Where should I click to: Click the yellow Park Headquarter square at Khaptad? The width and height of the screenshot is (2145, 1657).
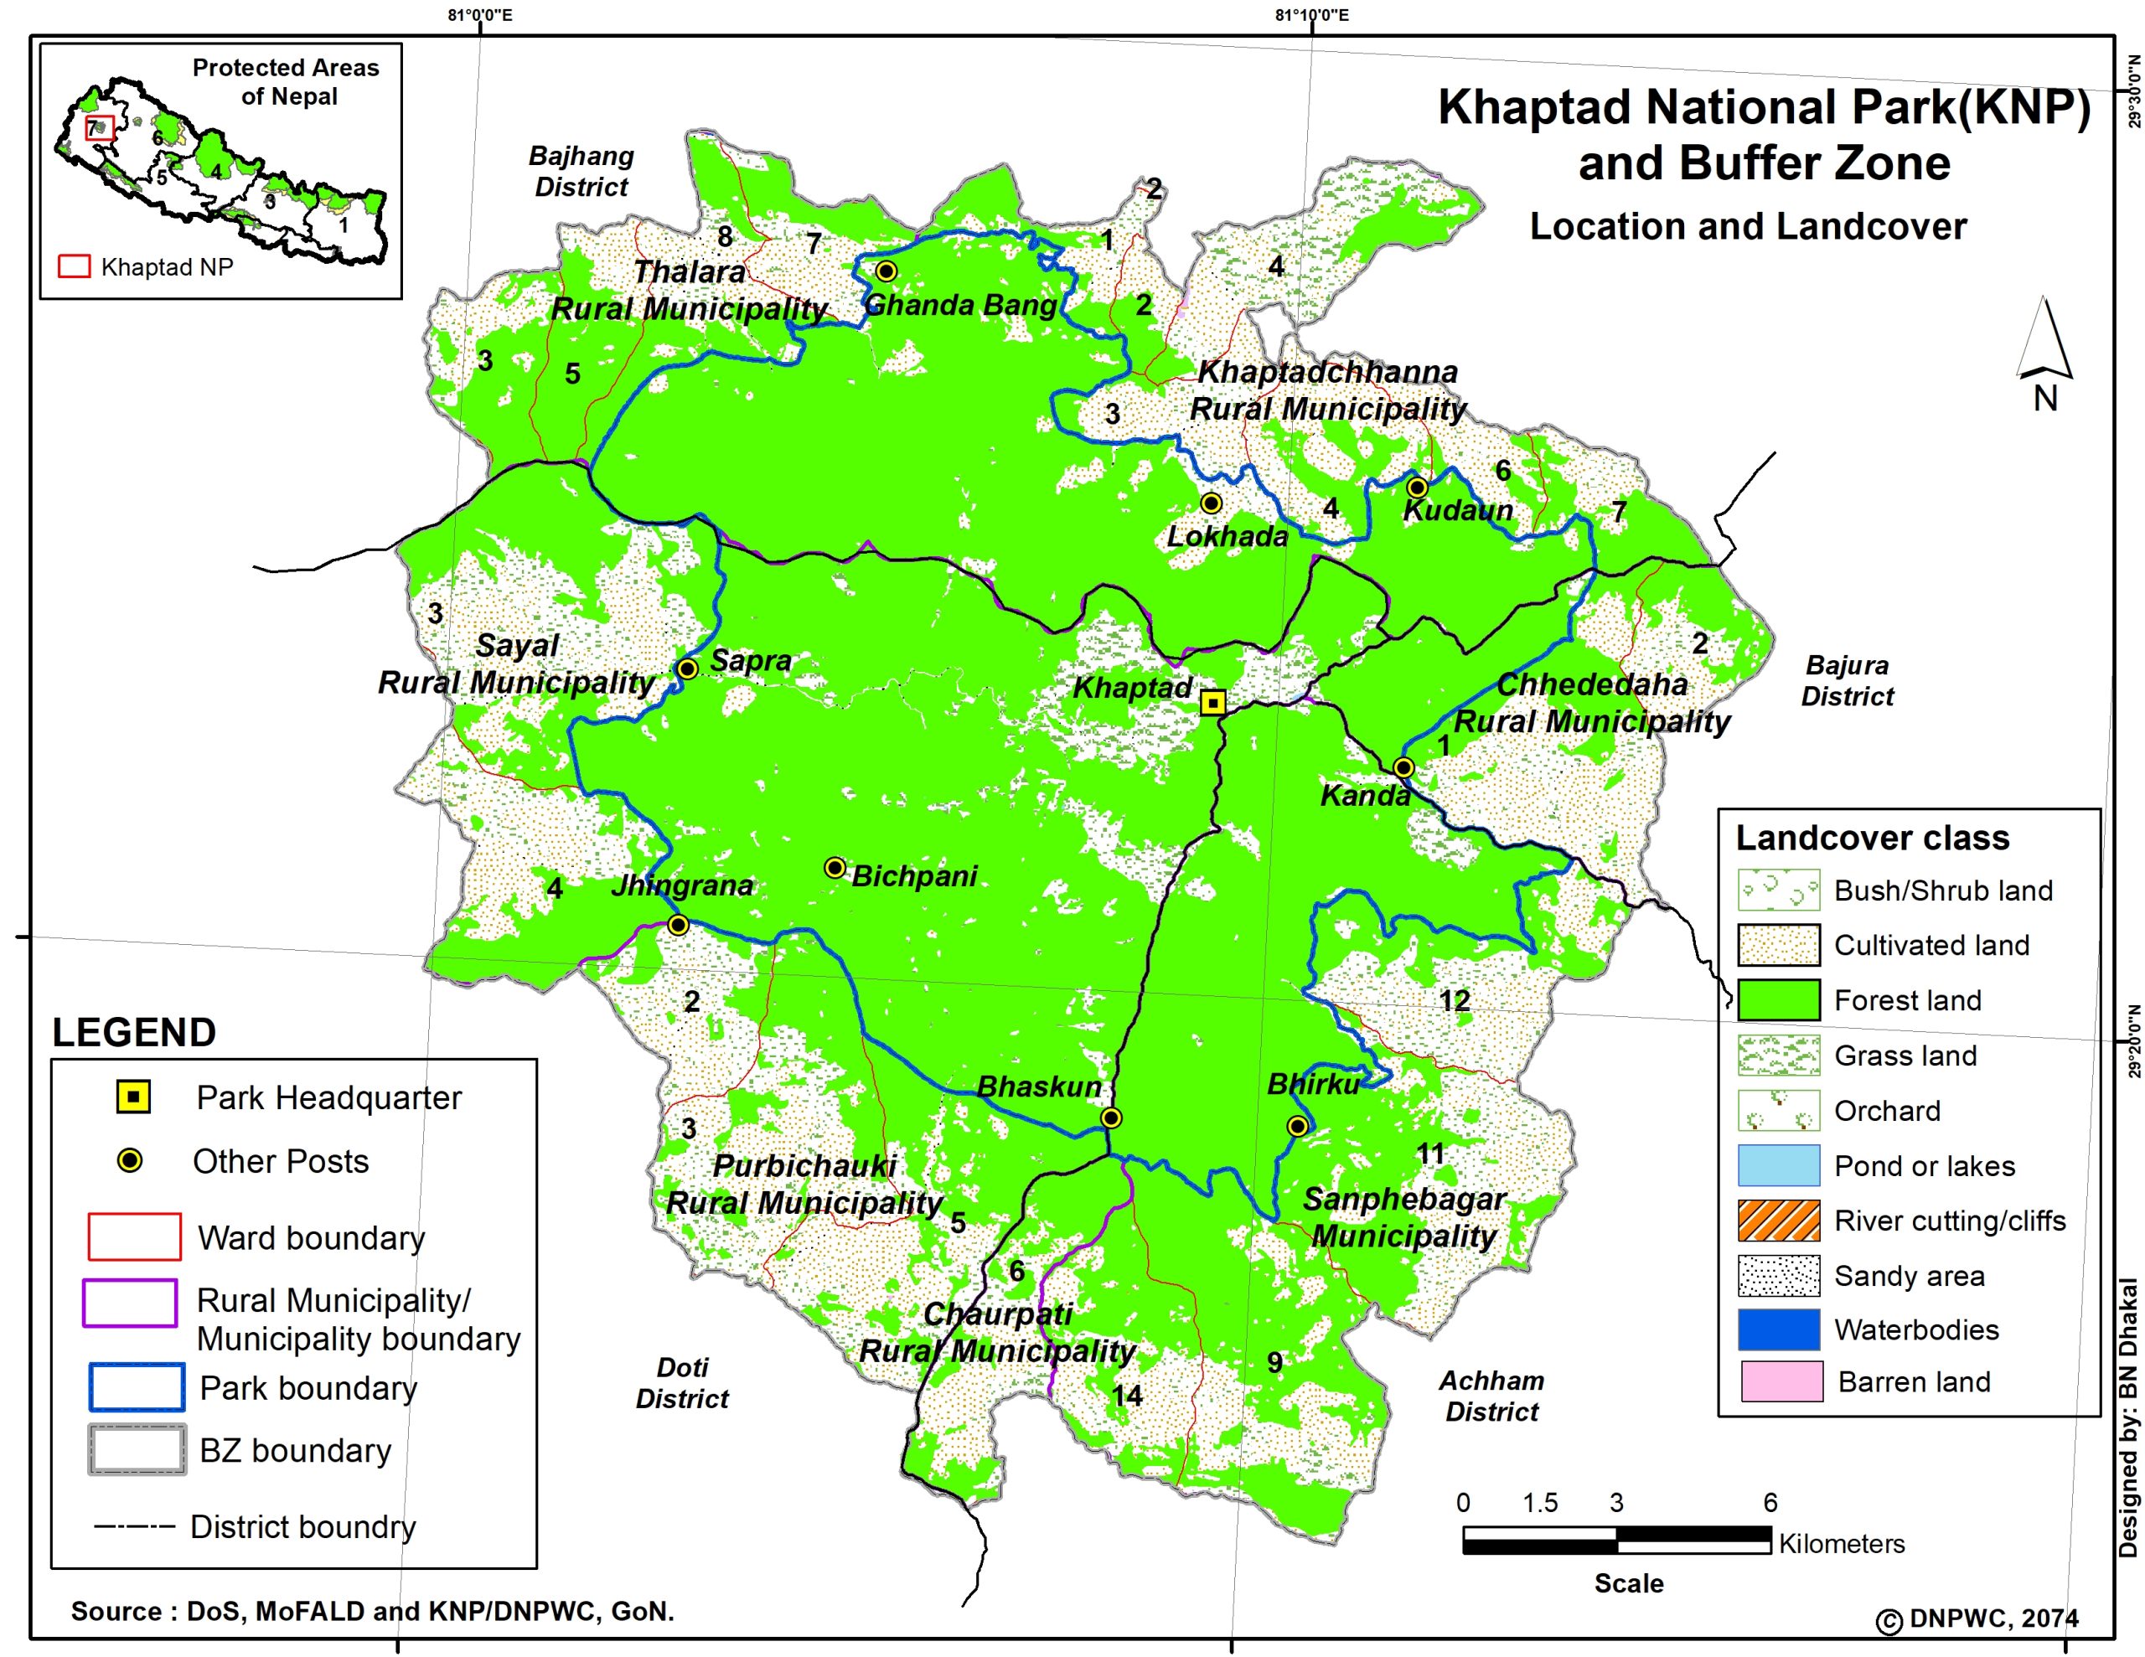(x=1214, y=702)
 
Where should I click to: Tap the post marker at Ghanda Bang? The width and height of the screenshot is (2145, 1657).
(x=886, y=271)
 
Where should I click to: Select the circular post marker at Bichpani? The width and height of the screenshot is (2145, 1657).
(x=835, y=867)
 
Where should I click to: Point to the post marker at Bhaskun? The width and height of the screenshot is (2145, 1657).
(x=1111, y=1118)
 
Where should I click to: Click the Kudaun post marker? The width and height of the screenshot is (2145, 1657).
(x=1416, y=488)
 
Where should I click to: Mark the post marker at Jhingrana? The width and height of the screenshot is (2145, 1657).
(x=678, y=925)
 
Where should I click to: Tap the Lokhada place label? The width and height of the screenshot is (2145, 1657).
(x=1227, y=536)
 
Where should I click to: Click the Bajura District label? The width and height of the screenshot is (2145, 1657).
(x=1847, y=681)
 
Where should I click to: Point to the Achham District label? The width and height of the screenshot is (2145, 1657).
(x=1491, y=1396)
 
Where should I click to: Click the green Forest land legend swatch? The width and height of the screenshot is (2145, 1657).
(x=1779, y=1000)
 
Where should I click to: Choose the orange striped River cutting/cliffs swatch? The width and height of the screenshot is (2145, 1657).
(x=1779, y=1220)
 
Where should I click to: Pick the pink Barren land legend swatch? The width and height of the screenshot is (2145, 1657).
(x=1781, y=1381)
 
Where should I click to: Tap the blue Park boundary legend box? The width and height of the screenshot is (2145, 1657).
(x=137, y=1387)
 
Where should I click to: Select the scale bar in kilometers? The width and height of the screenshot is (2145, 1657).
(x=1615, y=1540)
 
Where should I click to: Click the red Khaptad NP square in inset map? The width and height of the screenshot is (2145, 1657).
(x=99, y=127)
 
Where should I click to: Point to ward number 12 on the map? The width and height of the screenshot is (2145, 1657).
(x=1455, y=1001)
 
